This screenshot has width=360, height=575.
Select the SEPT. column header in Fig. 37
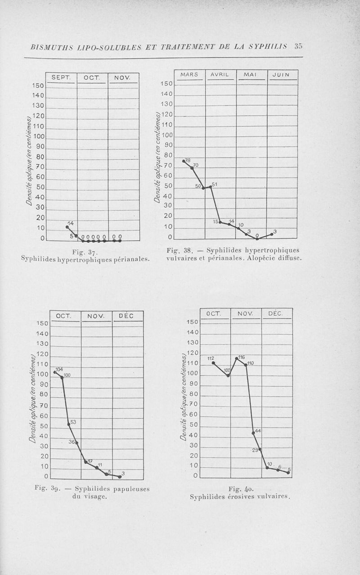pos(61,77)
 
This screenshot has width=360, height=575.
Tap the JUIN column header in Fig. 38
pos(283,75)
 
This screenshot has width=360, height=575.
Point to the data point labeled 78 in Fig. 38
pos(184,161)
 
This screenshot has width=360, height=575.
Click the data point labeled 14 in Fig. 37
pos(67,227)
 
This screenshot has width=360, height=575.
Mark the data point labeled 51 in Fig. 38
pos(211,186)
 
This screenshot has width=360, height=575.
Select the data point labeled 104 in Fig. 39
pos(55,372)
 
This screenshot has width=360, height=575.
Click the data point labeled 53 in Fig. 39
pos(69,424)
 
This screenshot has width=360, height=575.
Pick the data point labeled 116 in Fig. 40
pos(237,358)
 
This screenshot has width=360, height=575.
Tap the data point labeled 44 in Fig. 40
pos(253,433)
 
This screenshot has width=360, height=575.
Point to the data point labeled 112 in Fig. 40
pos(213,362)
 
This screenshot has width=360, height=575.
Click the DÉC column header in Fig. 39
pos(127,316)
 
